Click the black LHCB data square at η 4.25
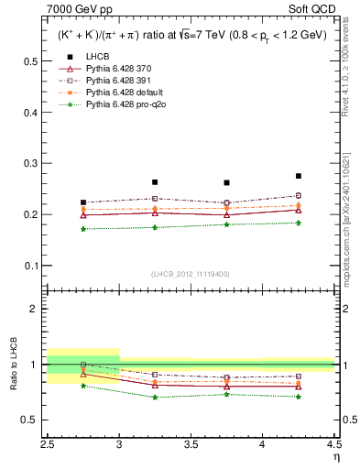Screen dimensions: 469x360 299,176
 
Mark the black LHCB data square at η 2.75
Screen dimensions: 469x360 83,202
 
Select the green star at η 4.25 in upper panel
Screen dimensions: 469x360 299,223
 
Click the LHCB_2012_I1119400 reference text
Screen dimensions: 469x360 190,273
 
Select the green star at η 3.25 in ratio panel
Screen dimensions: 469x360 155,397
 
